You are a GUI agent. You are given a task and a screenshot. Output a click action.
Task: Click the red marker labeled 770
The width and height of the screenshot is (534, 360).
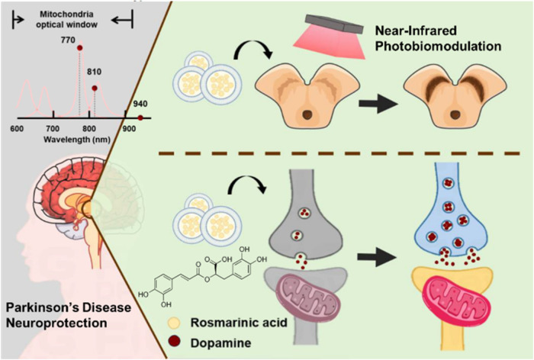click(x=79, y=48)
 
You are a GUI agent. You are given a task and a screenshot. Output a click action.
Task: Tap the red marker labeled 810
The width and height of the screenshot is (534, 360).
click(x=95, y=88)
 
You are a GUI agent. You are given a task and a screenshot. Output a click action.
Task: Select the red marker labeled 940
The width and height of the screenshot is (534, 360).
click(x=140, y=118)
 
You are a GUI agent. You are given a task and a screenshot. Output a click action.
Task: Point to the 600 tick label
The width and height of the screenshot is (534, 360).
click(x=17, y=129)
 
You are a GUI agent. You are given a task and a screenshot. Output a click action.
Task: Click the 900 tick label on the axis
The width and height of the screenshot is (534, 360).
click(x=129, y=129)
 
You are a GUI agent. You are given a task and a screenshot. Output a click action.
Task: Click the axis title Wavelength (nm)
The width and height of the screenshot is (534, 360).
click(x=77, y=140)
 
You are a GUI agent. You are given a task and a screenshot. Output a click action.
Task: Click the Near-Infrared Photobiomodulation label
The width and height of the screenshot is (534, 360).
click(x=439, y=38)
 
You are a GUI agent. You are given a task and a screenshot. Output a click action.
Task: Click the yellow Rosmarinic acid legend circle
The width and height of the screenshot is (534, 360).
click(x=175, y=323)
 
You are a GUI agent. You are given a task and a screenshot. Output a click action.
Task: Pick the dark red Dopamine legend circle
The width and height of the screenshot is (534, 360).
click(x=175, y=342)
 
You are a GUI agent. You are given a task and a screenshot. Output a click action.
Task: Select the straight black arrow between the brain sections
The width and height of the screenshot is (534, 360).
click(x=378, y=103)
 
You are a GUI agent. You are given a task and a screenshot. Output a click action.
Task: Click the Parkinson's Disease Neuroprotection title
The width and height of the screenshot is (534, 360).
click(x=69, y=315)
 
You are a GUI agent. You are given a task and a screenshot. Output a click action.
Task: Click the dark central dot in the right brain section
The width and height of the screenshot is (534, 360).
click(x=455, y=114)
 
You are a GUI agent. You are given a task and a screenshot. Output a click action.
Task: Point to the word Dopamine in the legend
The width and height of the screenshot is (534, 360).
click(x=220, y=342)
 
